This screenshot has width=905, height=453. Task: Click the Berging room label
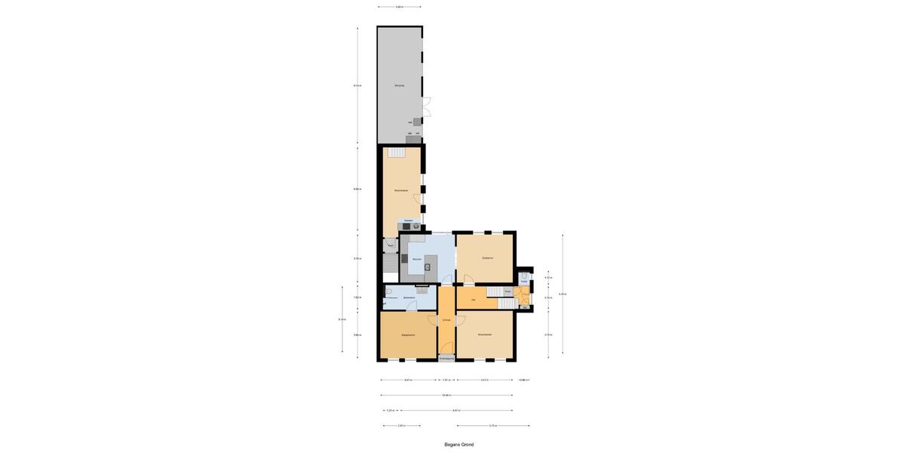pos(399,85)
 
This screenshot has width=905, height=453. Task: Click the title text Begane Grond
pos(459,445)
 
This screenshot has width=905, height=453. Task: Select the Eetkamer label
pos(487,258)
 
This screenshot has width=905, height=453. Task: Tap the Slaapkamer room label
pos(408,334)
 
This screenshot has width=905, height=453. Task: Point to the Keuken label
pos(416,259)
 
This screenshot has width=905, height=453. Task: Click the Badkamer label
pos(409,298)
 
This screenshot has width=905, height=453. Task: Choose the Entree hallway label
pos(446,321)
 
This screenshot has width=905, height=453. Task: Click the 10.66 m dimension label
pos(446,395)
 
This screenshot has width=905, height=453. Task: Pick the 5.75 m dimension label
pos(492,426)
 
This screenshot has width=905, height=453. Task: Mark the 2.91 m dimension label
pos(401,426)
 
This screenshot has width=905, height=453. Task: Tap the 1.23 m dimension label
pos(390,411)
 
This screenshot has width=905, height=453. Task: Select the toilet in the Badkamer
pos(388,291)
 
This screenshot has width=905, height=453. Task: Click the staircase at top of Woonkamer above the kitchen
pos(397,152)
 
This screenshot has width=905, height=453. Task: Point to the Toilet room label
pos(523,282)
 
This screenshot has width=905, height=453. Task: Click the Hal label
pos(473,300)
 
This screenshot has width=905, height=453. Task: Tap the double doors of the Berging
pos(425,107)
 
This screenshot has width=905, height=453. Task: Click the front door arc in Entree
pos(447,347)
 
